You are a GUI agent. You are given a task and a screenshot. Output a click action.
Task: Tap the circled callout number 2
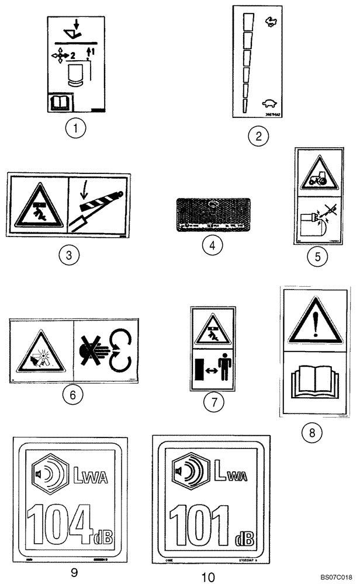tap(258, 137)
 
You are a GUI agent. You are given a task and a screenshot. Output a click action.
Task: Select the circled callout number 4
tap(213, 246)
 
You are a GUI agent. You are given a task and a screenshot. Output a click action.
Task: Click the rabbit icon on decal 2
tap(270, 22)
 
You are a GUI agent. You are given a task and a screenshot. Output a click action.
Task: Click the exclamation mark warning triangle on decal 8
tap(314, 319)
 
